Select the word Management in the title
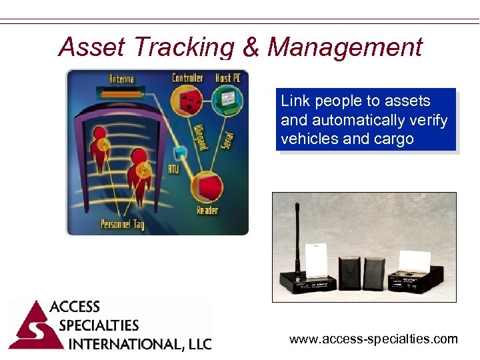pyautogui.click(x=345, y=47)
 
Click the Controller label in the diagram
pyautogui.click(x=187, y=78)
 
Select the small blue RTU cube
pyautogui.click(x=179, y=150)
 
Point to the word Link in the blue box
pyautogui.click(x=295, y=101)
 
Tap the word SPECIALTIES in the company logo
pyautogui.click(x=99, y=326)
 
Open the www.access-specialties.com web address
pyautogui.click(x=373, y=339)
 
